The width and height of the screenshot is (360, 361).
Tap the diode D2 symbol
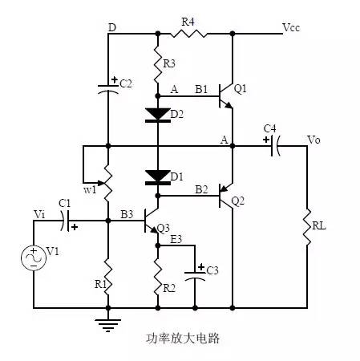click(x=157, y=114)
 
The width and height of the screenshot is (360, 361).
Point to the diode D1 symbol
click(x=157, y=176)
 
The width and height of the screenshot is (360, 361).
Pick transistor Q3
click(x=152, y=218)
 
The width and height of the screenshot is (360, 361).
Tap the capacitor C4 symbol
click(x=274, y=145)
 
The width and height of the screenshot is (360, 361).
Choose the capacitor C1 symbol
click(x=70, y=217)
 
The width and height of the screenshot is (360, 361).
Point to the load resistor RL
click(x=308, y=227)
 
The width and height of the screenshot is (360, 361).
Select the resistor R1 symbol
click(x=108, y=277)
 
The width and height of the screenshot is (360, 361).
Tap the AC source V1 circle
click(x=34, y=257)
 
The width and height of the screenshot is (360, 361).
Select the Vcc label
click(x=292, y=27)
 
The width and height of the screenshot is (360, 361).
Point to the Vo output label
click(x=315, y=140)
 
